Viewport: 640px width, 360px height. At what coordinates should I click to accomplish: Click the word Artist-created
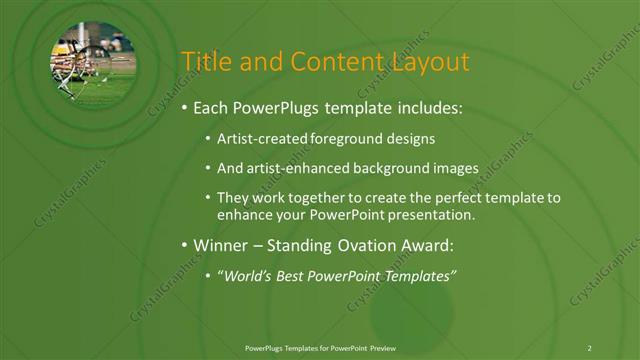pos(261,140)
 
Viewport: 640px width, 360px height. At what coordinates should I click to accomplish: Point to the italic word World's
pos(245,275)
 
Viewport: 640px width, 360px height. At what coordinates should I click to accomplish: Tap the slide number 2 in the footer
pos(589,347)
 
